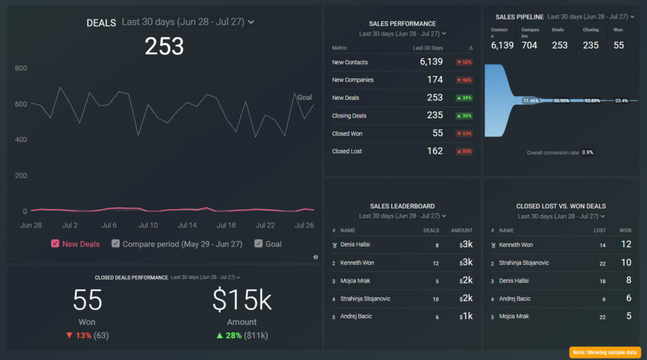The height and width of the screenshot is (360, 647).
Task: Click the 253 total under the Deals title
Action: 164,47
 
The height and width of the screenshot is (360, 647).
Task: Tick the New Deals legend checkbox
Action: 55,244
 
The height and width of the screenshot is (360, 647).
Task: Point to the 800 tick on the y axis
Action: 21,69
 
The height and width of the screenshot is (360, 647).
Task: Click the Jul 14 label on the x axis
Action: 187,225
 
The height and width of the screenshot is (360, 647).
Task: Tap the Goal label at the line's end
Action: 304,97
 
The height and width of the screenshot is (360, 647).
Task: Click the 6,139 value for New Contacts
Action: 431,62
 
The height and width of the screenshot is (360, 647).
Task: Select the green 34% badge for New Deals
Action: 464,98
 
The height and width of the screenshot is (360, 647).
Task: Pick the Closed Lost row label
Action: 347,152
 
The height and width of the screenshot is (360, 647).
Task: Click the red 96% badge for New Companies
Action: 464,80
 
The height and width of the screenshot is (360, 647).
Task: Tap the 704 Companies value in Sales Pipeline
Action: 530,45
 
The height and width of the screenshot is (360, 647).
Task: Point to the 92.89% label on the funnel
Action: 593,101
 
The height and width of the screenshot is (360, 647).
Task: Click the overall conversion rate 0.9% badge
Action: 587,152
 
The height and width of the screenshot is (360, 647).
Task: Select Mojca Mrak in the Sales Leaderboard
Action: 356,281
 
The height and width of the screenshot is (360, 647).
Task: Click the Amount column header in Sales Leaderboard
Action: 462,231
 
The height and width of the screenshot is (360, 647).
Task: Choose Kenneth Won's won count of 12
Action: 626,245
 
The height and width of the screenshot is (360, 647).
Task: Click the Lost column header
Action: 600,231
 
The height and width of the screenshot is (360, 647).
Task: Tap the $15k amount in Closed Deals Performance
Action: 241,300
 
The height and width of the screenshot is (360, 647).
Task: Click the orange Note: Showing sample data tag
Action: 606,352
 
